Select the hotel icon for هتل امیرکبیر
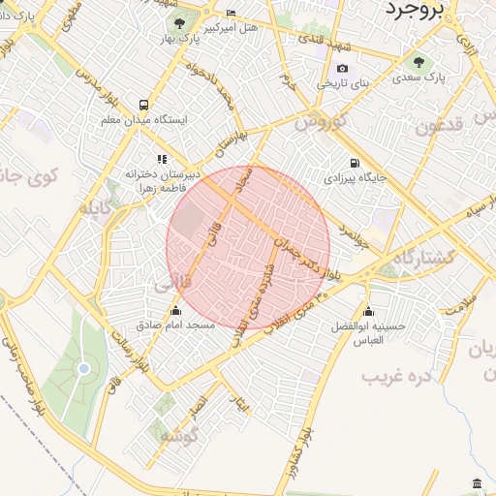[231, 14]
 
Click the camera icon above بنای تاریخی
[342, 69]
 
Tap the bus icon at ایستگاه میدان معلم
[143, 105]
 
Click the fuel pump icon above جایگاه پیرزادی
[355, 163]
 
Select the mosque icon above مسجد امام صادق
[175, 311]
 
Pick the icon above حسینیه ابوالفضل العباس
[368, 311]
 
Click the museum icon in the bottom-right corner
[476, 483]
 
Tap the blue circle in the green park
[83, 368]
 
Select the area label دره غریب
[396, 374]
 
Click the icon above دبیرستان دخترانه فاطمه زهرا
[162, 159]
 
